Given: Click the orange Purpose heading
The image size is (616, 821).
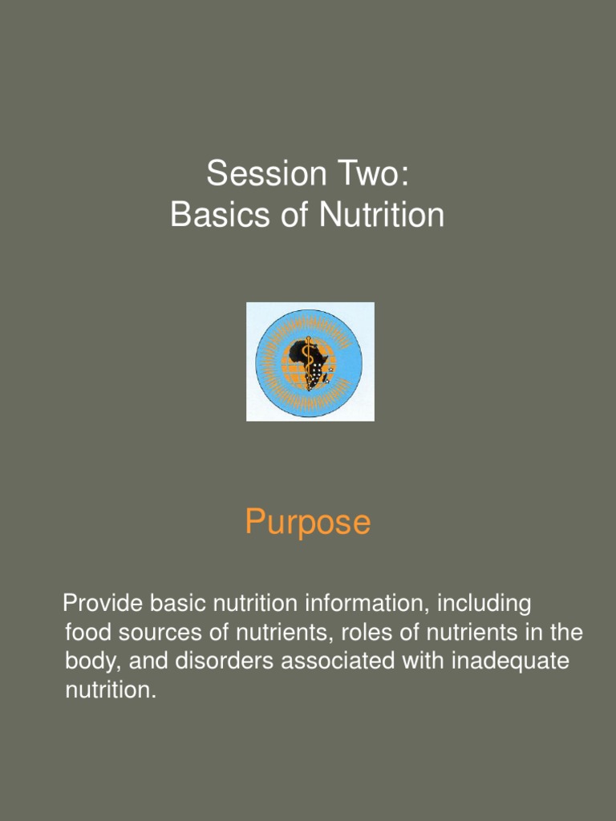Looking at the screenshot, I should pyautogui.click(x=308, y=523).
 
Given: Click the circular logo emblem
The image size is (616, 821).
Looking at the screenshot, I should pyautogui.click(x=310, y=362).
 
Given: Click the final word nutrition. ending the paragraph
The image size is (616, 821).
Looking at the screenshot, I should pyautogui.click(x=110, y=691).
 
